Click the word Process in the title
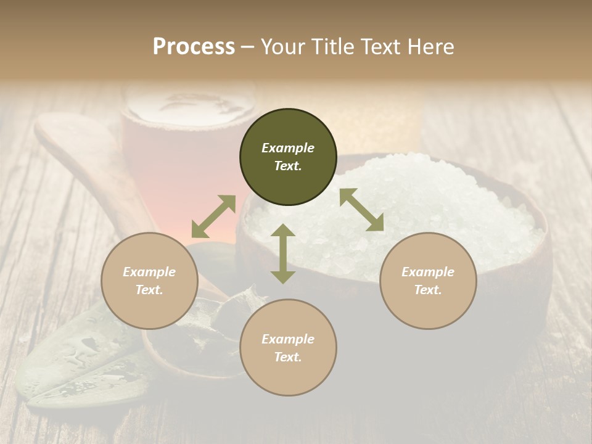pyautogui.click(x=194, y=47)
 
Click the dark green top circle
pyautogui.click(x=288, y=157)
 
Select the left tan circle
pyautogui.click(x=149, y=281)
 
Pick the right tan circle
pyautogui.click(x=428, y=281)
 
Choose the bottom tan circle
pyautogui.click(x=288, y=348)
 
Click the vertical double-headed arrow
pyautogui.click(x=282, y=253)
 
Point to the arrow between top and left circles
pyautogui.click(x=213, y=216)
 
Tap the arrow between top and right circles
pyautogui.click(x=361, y=210)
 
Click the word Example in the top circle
pyautogui.click(x=288, y=148)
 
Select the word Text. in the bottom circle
pyautogui.click(x=288, y=357)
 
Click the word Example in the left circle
pyautogui.click(x=149, y=272)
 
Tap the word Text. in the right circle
pyautogui.click(x=428, y=290)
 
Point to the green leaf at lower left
pyautogui.click(x=74, y=364)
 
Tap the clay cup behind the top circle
pyautogui.click(x=185, y=142)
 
